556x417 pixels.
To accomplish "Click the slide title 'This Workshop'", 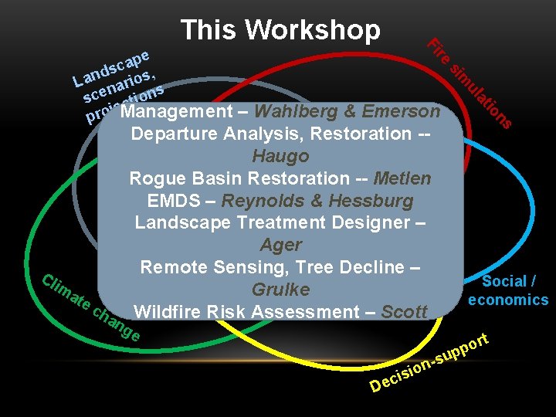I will click(280, 30).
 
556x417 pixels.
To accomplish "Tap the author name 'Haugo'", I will click(280, 156).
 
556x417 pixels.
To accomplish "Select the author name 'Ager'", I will click(280, 246).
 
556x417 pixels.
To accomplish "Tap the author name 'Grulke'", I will click(280, 290).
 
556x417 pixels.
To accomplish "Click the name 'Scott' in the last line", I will click(404, 313).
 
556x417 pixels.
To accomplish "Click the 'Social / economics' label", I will click(508, 290).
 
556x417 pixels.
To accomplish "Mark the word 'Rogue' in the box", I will click(154, 178).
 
